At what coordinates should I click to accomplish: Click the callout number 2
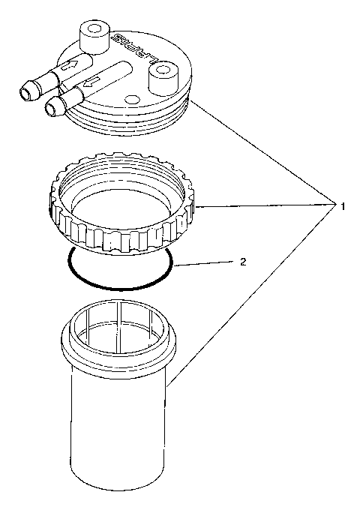click(x=242, y=262)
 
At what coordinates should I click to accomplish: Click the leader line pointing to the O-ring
click(x=202, y=262)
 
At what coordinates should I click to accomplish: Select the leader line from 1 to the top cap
click(x=262, y=150)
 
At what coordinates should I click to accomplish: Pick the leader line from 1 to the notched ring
click(x=262, y=205)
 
